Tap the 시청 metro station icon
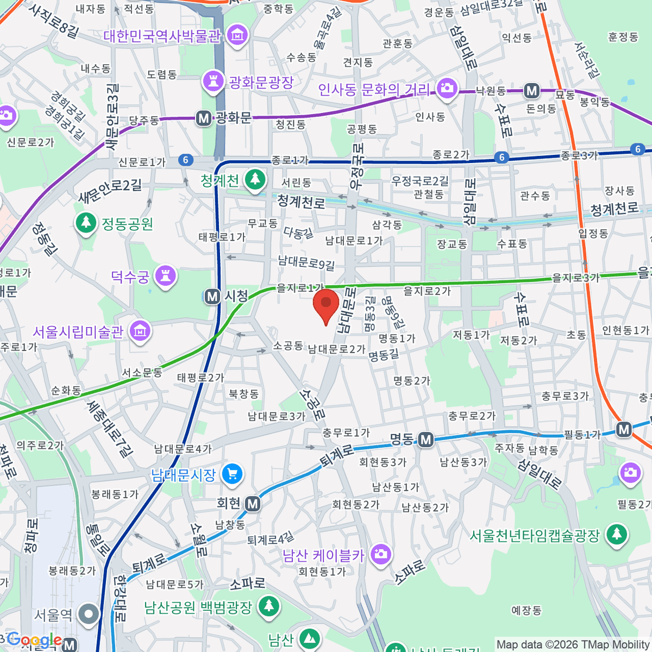tap(212, 297)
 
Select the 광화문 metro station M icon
tap(204, 118)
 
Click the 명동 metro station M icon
tap(426, 440)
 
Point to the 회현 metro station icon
tap(252, 504)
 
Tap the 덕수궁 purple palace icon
tap(166, 276)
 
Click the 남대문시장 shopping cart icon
tap(233, 474)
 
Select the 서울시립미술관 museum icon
tap(140, 331)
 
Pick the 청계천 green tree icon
tap(254, 180)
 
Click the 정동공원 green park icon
tap(85, 223)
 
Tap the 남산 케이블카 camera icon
tap(380, 555)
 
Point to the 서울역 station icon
tap(89, 615)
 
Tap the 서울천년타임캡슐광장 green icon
tap(616, 535)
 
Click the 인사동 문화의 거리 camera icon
tap(447, 89)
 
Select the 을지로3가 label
tap(575, 278)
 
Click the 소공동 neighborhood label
tap(288, 346)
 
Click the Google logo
tap(34, 640)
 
